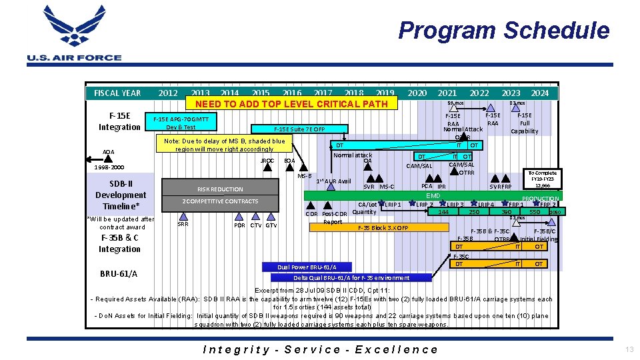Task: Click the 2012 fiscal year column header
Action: [x=168, y=93]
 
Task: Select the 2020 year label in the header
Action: [x=417, y=93]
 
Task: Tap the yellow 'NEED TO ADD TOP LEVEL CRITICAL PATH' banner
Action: [x=291, y=103]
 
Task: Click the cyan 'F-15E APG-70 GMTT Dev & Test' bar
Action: [x=181, y=123]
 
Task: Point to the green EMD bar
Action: [x=433, y=195]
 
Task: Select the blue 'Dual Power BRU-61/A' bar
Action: [x=308, y=267]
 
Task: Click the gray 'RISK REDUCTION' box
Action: [x=220, y=189]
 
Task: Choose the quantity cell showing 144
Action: [x=443, y=211]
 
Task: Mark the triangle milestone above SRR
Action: [x=183, y=215]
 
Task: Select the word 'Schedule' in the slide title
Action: [x=556, y=31]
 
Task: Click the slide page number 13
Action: [x=629, y=349]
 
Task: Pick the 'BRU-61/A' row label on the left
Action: [x=119, y=273]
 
